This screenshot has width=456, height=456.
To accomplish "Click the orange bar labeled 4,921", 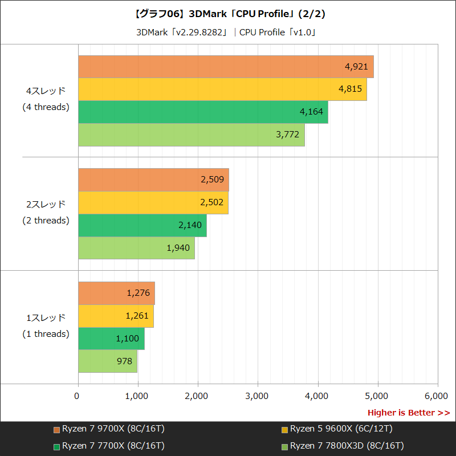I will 225,67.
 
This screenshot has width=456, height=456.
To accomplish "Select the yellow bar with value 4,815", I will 222,89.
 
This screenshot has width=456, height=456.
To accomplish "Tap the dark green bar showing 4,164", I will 202,112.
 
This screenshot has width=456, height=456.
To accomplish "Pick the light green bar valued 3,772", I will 191,135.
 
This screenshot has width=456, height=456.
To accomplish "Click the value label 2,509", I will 212,180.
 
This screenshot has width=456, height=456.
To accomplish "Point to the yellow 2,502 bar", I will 153,203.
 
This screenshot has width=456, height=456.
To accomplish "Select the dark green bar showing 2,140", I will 142,225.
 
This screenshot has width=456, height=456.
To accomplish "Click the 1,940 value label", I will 178,248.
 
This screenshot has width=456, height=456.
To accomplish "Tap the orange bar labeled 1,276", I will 116,293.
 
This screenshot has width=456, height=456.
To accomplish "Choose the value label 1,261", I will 138,316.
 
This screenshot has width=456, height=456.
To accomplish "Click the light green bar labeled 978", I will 107,361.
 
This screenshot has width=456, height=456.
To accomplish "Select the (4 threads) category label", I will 46,107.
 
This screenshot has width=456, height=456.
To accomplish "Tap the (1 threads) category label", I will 46,334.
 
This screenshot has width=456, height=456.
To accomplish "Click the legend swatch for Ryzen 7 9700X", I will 56,429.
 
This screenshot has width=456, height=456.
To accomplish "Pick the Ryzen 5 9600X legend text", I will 341,429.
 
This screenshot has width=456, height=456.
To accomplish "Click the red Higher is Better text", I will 408,412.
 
